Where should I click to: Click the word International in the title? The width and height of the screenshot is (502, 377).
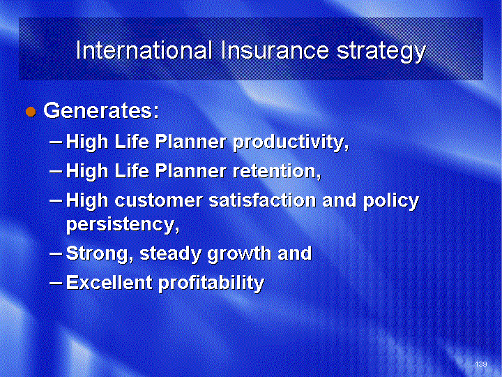tap(144, 51)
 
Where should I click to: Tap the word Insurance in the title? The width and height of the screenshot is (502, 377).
tap(275, 51)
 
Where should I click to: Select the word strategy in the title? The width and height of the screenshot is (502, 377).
tap(381, 52)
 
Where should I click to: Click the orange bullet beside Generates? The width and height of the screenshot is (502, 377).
tap(31, 112)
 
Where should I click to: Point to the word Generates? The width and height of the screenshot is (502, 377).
tap(101, 110)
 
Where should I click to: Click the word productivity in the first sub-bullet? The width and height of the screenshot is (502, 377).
tap(290, 142)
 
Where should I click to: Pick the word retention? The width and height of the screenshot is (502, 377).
tap(276, 170)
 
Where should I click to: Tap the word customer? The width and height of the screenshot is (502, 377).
tap(158, 200)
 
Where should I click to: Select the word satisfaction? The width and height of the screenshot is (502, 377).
tap(263, 200)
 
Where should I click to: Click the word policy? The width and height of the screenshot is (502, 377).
tap(391, 201)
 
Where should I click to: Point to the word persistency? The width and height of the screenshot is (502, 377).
tap(122, 224)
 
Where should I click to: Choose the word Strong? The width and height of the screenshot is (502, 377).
tap(99, 254)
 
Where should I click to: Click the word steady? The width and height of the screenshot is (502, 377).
tap(170, 254)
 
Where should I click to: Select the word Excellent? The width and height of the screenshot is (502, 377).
tap(109, 283)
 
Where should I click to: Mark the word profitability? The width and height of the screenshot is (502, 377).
tap(211, 283)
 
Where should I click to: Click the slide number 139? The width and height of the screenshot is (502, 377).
tap(481, 364)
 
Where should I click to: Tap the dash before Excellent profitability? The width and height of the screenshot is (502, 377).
tap(56, 283)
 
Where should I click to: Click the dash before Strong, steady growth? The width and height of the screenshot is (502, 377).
tap(56, 253)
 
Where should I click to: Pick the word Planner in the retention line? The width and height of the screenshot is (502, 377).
tap(191, 170)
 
